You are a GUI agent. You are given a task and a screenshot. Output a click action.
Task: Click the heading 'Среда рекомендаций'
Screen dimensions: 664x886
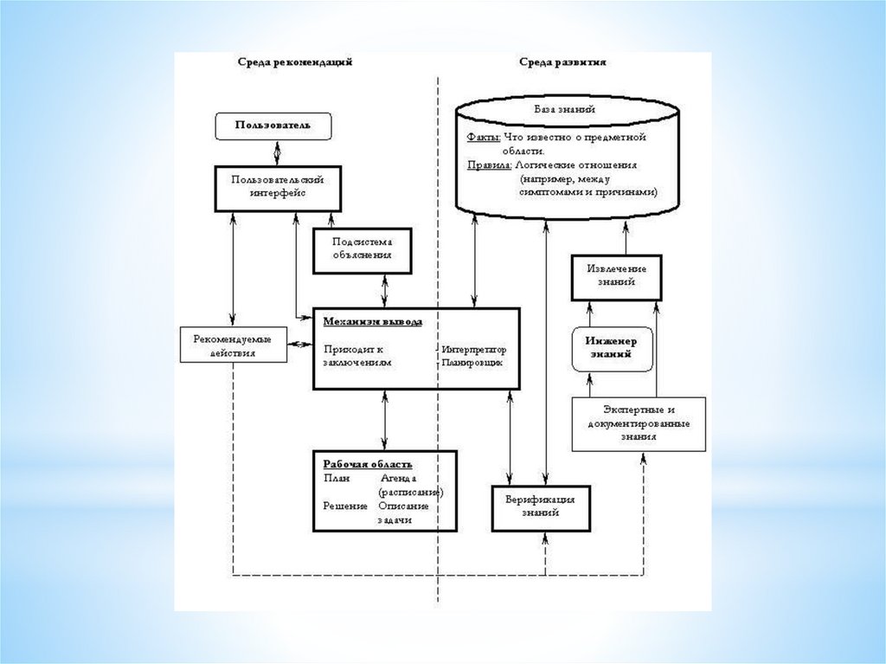[296, 63]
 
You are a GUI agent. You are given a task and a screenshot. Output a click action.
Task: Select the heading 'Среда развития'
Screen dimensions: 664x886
[562, 63]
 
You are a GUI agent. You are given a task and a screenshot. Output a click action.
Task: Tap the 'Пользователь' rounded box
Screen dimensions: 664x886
[273, 126]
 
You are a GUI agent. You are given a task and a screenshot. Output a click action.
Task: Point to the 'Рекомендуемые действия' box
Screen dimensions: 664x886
[233, 345]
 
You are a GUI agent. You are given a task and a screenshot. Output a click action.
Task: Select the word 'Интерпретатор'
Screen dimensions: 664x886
[473, 350]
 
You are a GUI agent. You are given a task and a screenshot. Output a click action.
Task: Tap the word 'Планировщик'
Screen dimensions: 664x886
[472, 364]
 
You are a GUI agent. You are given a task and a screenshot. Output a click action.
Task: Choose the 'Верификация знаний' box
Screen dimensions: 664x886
[540, 506]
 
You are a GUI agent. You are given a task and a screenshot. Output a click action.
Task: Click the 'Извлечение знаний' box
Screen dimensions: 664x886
[616, 275]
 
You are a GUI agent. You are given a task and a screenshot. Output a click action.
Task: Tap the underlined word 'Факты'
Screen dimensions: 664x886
[483, 137]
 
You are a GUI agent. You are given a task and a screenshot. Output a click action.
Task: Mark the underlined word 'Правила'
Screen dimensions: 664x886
[488, 164]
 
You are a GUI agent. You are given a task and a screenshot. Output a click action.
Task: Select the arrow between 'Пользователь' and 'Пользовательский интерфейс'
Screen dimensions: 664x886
[277, 153]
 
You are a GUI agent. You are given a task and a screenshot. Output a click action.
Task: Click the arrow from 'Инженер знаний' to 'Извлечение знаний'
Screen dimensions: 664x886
[590, 312]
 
